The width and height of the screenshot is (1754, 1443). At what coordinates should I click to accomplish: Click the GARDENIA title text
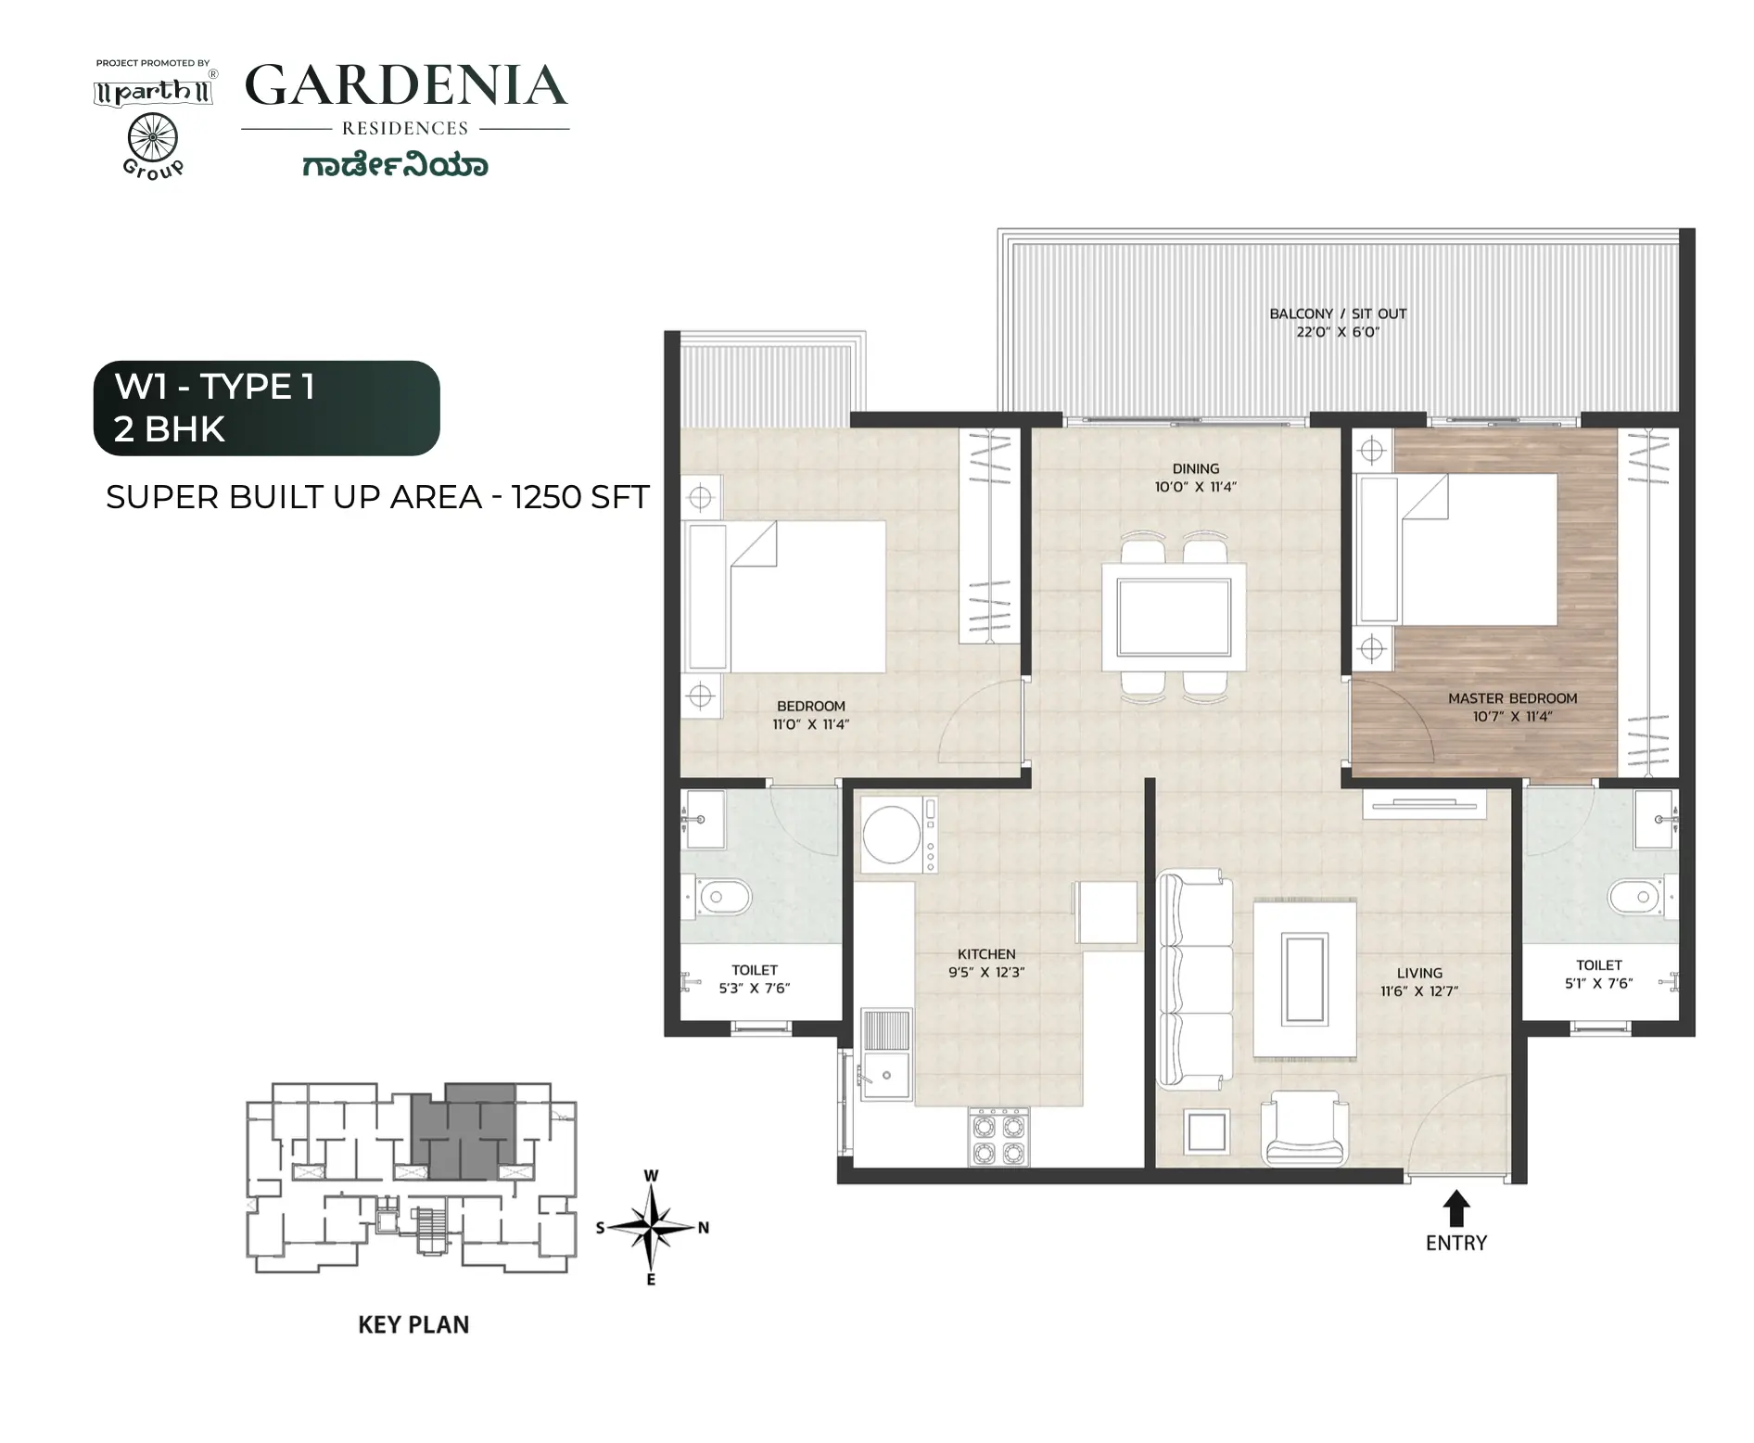click(x=406, y=85)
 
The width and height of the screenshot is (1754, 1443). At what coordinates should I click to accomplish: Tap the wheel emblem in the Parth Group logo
click(x=152, y=139)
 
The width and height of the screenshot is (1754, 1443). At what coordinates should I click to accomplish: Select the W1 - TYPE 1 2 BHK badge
click(x=267, y=408)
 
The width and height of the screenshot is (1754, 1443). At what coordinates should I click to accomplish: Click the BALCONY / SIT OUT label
click(x=1338, y=313)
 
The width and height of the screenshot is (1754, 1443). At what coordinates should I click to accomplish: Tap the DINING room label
click(x=1196, y=468)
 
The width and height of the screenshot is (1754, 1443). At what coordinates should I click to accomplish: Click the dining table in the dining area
click(x=1174, y=617)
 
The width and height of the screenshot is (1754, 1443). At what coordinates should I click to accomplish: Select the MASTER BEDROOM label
click(x=1513, y=698)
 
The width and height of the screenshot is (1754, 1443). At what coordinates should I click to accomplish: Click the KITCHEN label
click(x=986, y=953)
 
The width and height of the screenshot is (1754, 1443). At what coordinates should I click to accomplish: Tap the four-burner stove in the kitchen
click(x=998, y=1137)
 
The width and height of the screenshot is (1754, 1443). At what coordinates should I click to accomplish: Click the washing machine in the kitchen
click(x=898, y=834)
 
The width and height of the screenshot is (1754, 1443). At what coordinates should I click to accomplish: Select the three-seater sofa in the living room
click(x=1196, y=979)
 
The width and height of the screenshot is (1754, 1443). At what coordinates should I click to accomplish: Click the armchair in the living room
click(x=1304, y=1128)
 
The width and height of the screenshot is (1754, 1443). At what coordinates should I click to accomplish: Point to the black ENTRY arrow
click(x=1456, y=1209)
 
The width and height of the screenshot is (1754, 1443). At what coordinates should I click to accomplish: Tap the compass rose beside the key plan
click(x=653, y=1228)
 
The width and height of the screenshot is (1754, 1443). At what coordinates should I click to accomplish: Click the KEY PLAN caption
click(x=413, y=1324)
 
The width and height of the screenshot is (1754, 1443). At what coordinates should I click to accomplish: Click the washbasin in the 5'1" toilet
click(x=1656, y=819)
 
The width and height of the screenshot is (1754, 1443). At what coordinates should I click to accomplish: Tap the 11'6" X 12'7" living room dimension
click(x=1419, y=991)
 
